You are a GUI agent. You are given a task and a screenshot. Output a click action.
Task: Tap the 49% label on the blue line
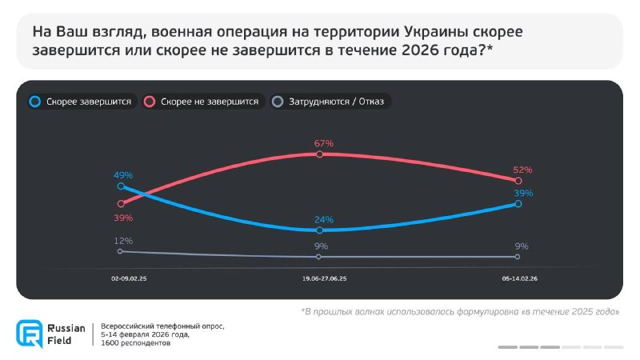click(122, 175)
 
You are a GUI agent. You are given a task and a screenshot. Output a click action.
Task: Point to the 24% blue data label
click(324, 220)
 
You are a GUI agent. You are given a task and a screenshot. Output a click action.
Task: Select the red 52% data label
click(522, 170)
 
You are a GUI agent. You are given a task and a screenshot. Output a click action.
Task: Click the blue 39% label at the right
click(523, 194)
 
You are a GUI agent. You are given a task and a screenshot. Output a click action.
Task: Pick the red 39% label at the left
click(122, 218)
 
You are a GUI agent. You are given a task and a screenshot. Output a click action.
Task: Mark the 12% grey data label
click(122, 241)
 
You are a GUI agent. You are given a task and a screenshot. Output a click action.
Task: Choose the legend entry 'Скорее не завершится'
click(209, 102)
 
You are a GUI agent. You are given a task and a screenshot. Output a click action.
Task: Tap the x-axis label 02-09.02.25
click(129, 279)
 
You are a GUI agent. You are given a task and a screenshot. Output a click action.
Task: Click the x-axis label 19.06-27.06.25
click(324, 279)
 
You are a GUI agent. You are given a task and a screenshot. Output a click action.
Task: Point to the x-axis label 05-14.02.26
click(519, 279)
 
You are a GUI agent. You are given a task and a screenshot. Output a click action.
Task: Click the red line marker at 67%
click(319, 154)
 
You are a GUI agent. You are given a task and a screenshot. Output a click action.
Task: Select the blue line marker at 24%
click(319, 230)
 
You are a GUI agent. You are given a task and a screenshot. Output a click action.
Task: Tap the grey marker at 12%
click(120, 251)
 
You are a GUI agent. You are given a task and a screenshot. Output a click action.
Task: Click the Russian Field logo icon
click(29, 334)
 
